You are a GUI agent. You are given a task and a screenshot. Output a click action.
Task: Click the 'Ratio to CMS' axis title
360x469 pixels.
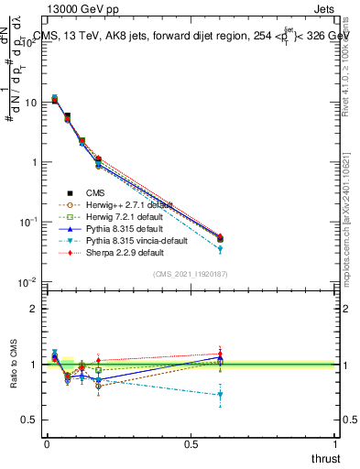12,366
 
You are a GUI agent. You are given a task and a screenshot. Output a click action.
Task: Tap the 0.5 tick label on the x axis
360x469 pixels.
191,443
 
